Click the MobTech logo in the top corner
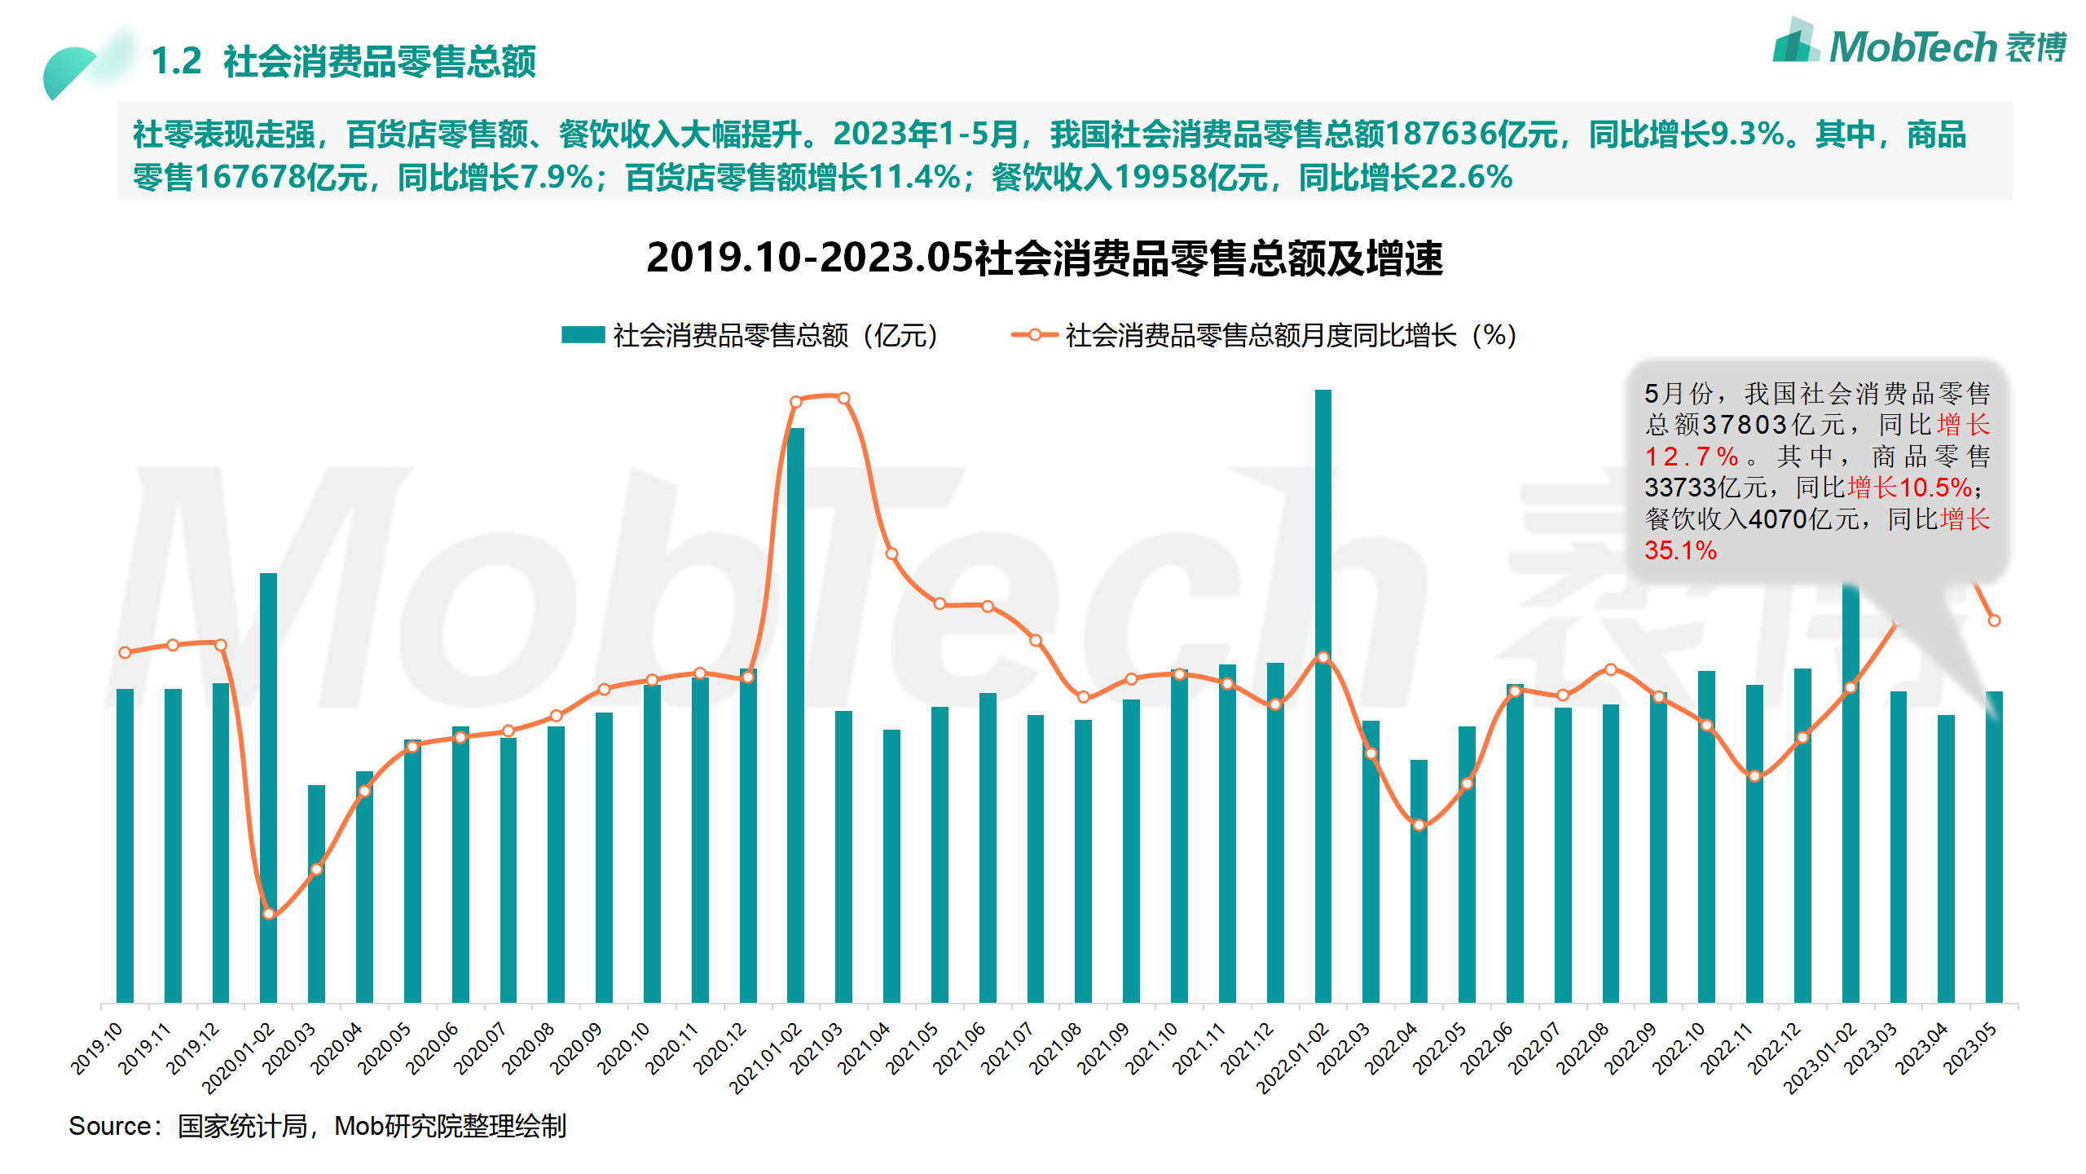1919,45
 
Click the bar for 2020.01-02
268,787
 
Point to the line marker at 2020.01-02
268,914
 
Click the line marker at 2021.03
843,399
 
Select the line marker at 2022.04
1419,825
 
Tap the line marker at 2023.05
1994,620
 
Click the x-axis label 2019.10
98,1048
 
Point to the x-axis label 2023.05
1970,1048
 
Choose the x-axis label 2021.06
960,1048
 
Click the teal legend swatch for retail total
583,335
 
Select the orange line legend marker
1034,335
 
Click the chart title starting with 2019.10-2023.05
1044,258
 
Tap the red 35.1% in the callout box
1680,550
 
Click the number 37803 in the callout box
1744,425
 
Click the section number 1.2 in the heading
176,61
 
